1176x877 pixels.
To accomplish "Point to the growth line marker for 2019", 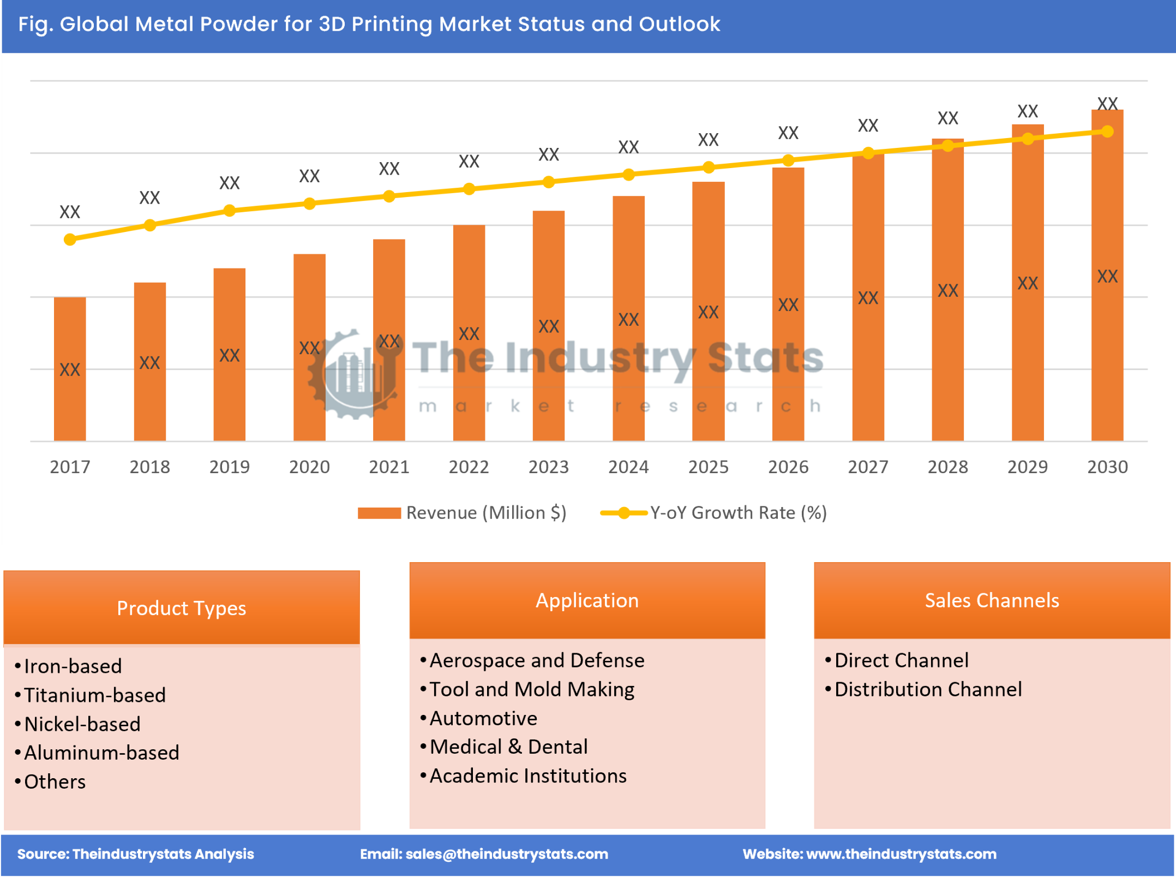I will [x=230, y=211].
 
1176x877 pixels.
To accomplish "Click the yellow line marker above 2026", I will [x=788, y=160].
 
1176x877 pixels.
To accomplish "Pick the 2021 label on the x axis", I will [x=389, y=467].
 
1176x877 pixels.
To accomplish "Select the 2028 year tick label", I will [x=947, y=467].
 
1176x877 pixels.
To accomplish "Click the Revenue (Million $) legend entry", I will [x=463, y=513].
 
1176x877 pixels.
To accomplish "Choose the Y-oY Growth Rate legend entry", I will [x=715, y=513].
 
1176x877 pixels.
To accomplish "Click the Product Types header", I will [x=181, y=608].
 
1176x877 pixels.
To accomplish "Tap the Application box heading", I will [x=587, y=600].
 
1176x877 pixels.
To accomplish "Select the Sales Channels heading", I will [x=992, y=600].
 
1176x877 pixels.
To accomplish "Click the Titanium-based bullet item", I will [x=94, y=695].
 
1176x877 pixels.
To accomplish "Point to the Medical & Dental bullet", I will [x=508, y=747].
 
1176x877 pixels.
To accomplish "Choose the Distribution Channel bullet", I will [x=928, y=689].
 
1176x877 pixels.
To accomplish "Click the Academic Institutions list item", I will [x=527, y=775].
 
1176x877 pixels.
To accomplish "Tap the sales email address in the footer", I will [x=506, y=854].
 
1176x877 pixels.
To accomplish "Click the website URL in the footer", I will [x=901, y=854].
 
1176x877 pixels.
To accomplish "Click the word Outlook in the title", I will [x=680, y=24].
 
